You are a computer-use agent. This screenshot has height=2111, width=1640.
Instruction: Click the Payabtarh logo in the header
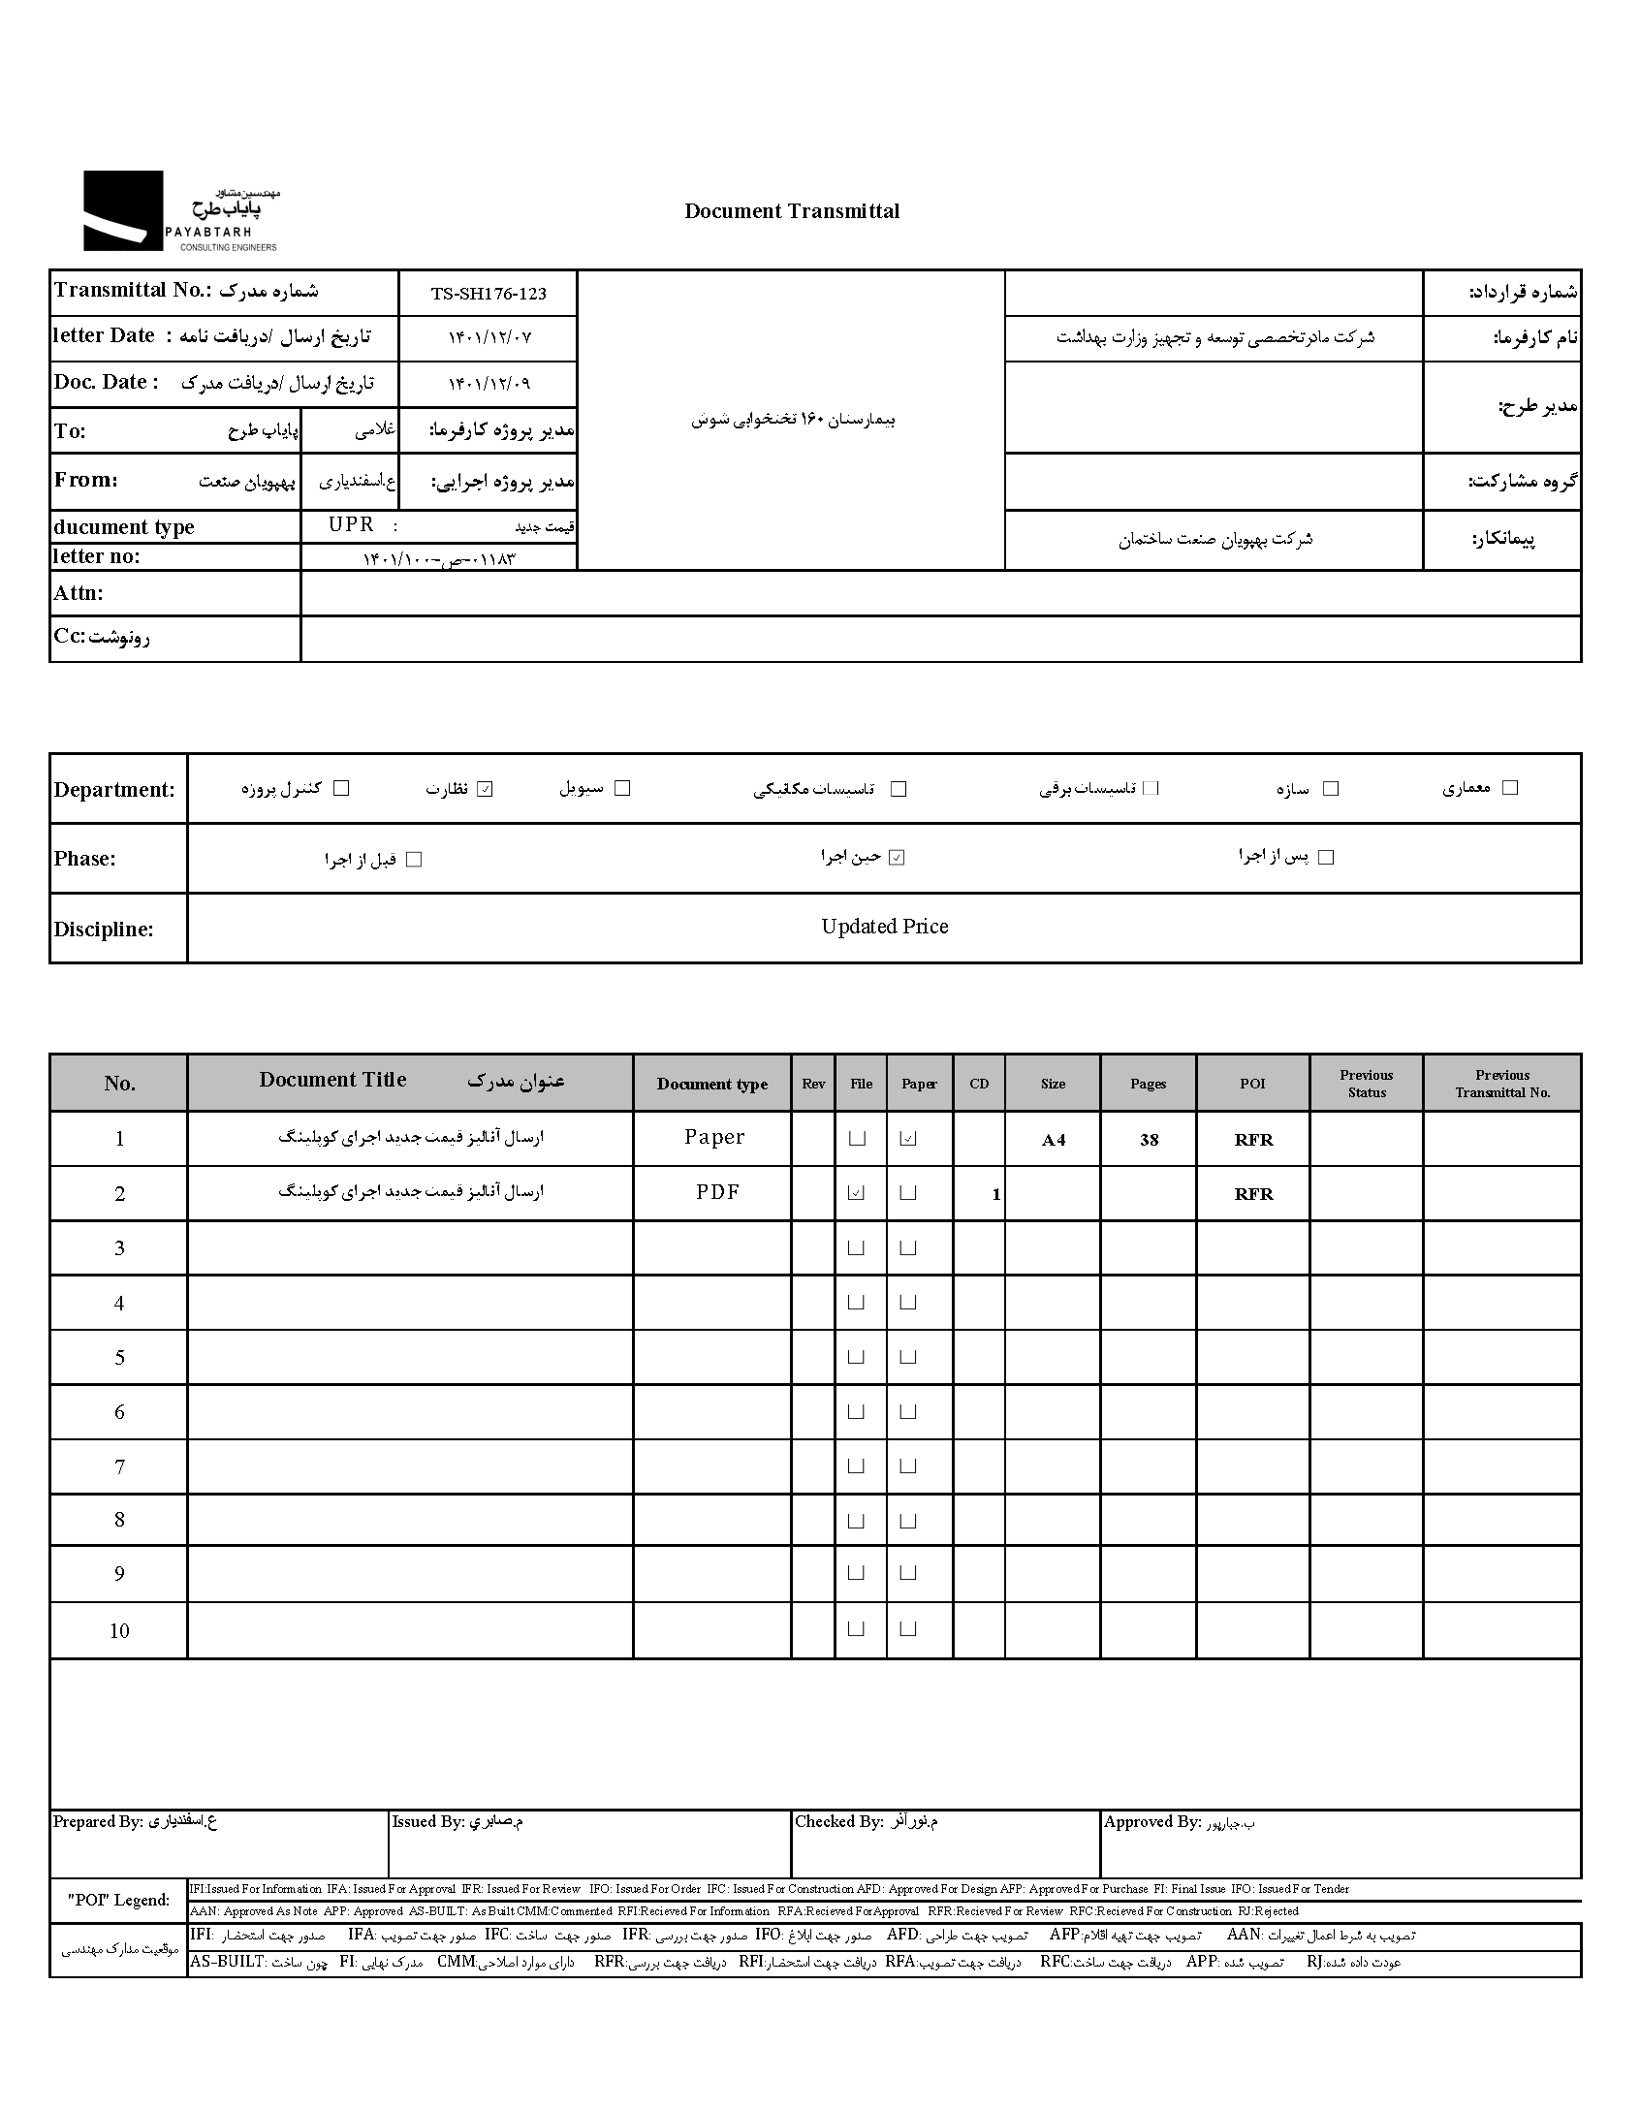click(x=180, y=211)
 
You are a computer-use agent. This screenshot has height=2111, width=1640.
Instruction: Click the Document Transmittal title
click(x=791, y=211)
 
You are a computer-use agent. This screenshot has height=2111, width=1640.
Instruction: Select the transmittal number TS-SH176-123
click(x=489, y=294)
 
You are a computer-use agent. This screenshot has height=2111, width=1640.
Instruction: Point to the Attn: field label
click(x=79, y=593)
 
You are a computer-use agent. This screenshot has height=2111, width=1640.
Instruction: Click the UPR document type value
click(x=351, y=524)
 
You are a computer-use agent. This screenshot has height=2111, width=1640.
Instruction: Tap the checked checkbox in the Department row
click(x=486, y=789)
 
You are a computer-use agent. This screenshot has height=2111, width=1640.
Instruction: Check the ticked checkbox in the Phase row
click(x=897, y=858)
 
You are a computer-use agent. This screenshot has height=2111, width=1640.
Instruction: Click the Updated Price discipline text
click(x=884, y=927)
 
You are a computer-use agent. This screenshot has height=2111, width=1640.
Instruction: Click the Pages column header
click(x=1148, y=1084)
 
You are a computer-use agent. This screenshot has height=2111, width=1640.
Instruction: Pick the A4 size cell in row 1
click(x=1053, y=1140)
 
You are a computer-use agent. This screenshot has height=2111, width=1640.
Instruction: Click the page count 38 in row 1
click(x=1149, y=1140)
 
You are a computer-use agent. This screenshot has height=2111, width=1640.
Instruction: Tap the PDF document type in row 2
click(x=717, y=1192)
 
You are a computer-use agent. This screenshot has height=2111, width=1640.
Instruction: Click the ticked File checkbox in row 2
click(x=856, y=1193)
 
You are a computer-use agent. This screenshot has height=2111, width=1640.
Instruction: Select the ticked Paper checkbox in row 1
click(x=908, y=1139)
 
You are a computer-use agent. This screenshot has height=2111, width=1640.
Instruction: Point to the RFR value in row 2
click(x=1253, y=1194)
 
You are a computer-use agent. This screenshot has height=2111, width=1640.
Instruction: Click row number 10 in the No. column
click(x=119, y=1630)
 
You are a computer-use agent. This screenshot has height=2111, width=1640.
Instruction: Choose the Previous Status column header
click(x=1366, y=1084)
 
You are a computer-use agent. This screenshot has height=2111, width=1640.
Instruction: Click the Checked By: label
click(x=838, y=1822)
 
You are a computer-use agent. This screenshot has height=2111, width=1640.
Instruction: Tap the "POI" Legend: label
click(x=118, y=1900)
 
